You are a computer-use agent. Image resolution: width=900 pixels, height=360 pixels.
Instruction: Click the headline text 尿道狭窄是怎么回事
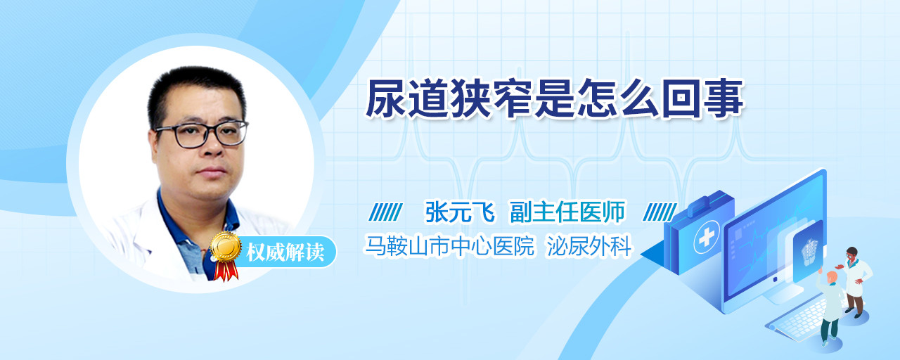[x=555, y=98]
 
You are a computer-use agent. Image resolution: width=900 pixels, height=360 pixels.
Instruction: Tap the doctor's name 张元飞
[x=460, y=212]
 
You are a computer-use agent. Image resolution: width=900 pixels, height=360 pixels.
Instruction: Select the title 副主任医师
[x=567, y=212]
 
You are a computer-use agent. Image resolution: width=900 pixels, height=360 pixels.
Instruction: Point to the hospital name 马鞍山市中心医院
[x=449, y=245]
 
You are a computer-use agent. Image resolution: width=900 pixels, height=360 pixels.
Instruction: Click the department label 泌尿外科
[x=589, y=245]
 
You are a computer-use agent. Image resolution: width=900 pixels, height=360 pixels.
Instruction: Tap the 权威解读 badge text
[x=285, y=252]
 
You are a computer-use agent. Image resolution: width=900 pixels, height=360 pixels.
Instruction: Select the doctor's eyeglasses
[x=201, y=134]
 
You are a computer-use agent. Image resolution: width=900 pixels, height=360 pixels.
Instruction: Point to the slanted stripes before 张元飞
[x=385, y=212]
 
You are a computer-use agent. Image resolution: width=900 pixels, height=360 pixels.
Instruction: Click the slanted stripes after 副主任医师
[x=660, y=212]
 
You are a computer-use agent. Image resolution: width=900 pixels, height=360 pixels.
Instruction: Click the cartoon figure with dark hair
[x=856, y=281]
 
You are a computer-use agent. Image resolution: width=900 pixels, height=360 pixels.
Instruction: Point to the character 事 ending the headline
[x=724, y=98]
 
